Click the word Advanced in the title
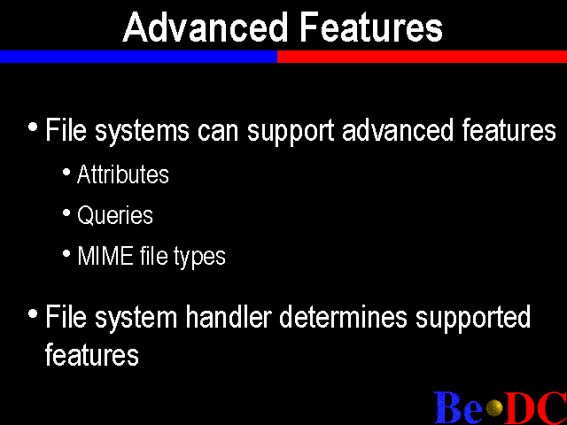[205, 27]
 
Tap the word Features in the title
[371, 27]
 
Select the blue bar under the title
[138, 57]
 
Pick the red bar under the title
[422, 57]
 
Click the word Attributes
[123, 174]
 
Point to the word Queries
[115, 215]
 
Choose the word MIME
[105, 256]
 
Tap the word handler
[229, 317]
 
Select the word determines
[343, 317]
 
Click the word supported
[473, 318]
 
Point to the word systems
[142, 132]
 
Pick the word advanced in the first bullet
[398, 129]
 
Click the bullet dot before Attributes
[66, 172]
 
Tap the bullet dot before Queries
[66, 212]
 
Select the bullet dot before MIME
[66, 254]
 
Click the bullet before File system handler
[33, 313]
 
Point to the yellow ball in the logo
[494, 408]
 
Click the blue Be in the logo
[458, 407]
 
